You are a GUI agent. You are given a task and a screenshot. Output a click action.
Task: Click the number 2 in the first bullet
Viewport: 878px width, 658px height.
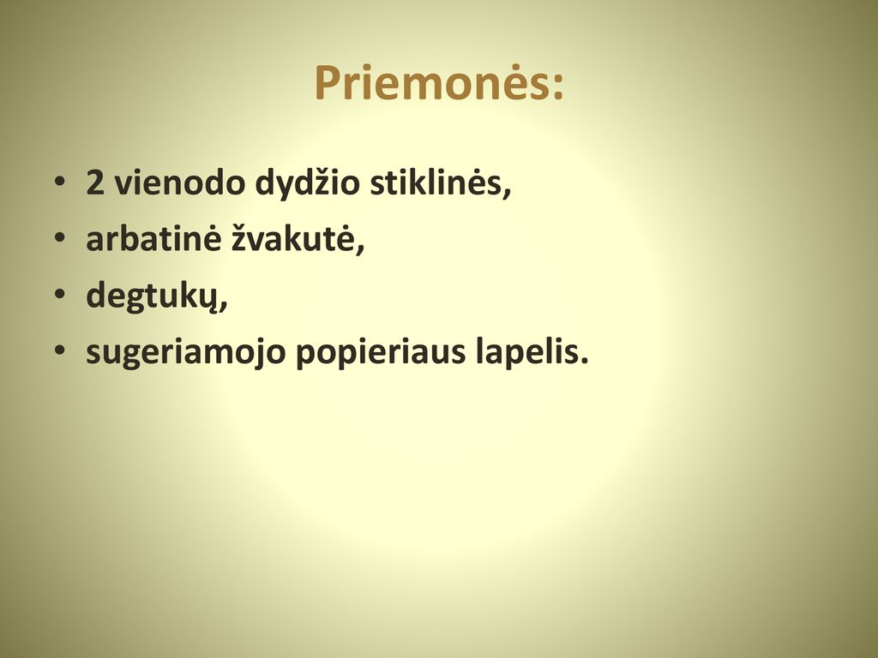click(x=95, y=182)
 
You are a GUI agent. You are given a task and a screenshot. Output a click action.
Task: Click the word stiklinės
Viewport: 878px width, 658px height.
click(x=435, y=182)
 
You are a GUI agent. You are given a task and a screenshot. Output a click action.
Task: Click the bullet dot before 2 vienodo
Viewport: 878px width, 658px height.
click(x=60, y=182)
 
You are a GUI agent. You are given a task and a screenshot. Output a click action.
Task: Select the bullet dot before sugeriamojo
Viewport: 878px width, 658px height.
click(x=60, y=350)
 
